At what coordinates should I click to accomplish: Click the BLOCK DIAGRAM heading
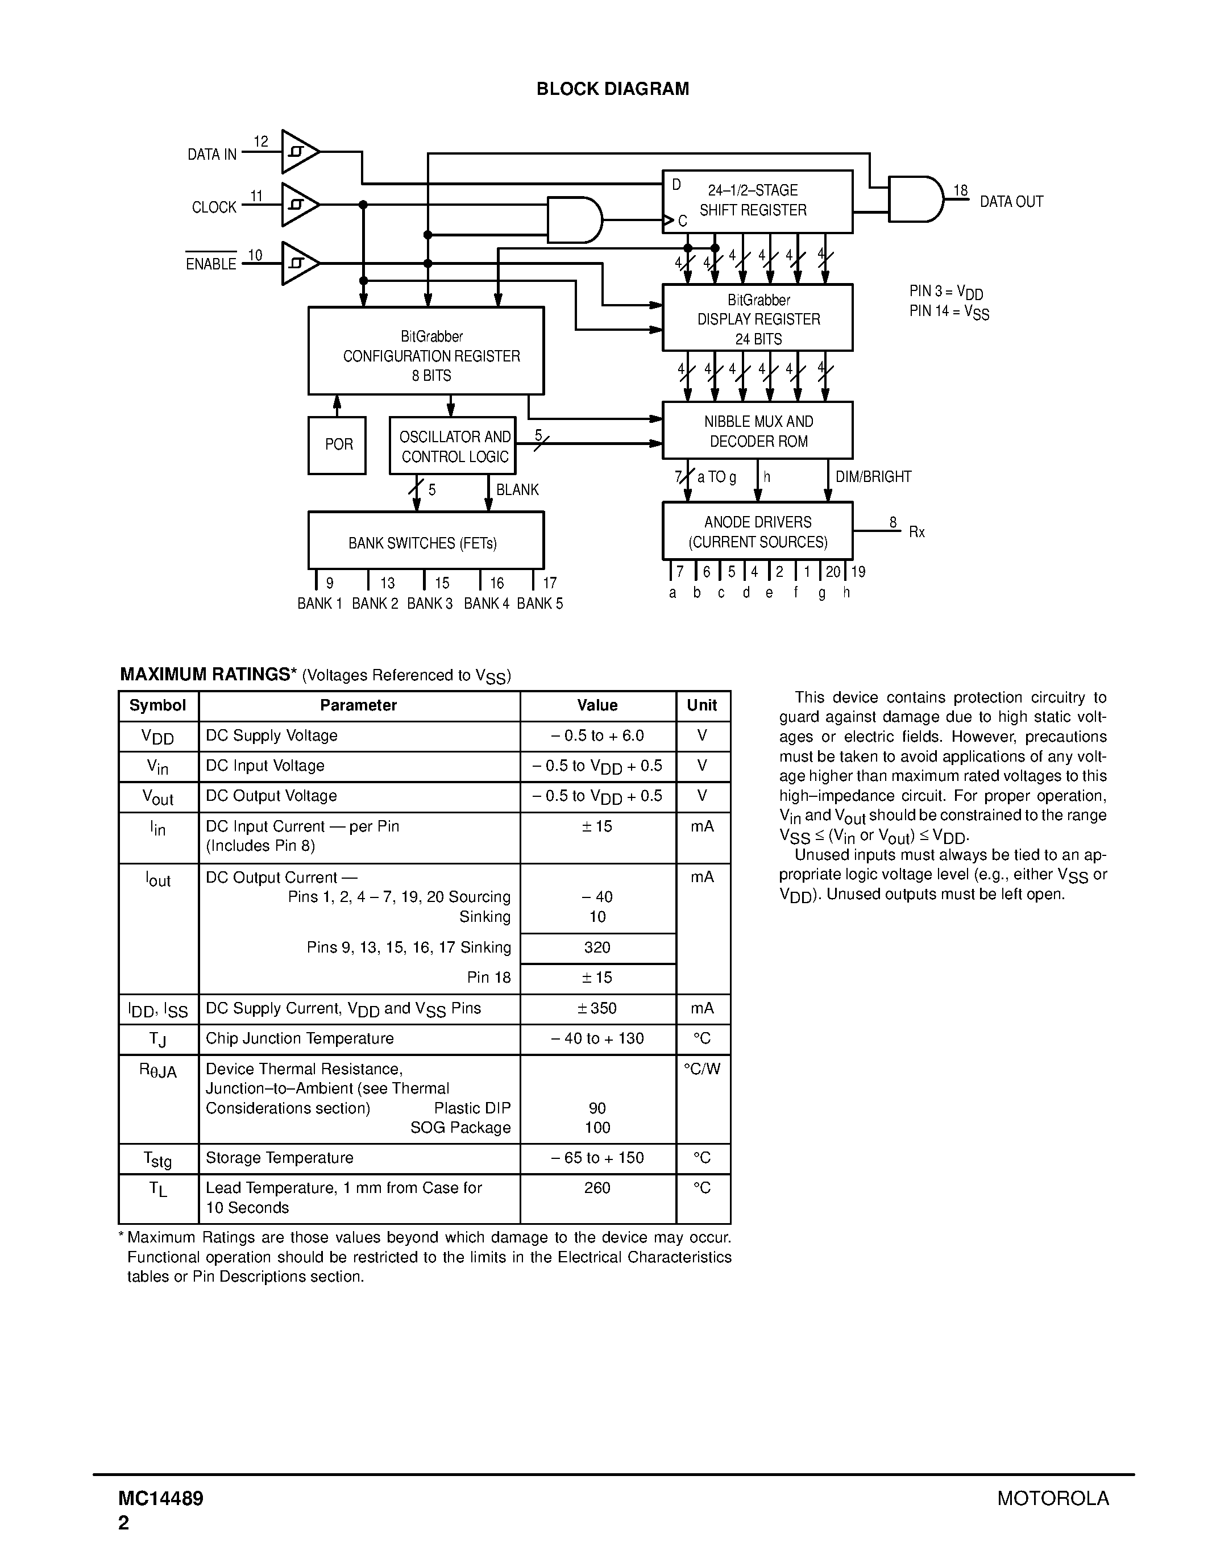click(x=613, y=89)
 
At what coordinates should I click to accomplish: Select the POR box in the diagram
click(x=337, y=445)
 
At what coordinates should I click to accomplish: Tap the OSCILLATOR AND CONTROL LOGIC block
click(x=453, y=446)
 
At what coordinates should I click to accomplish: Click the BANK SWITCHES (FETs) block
click(x=426, y=541)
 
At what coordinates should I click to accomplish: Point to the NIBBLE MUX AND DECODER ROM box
click(x=758, y=431)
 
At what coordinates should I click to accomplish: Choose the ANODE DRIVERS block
click(x=758, y=531)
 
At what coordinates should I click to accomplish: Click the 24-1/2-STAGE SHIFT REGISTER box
click(x=758, y=201)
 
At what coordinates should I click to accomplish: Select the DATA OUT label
click(x=1011, y=202)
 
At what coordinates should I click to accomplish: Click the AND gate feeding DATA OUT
click(x=915, y=199)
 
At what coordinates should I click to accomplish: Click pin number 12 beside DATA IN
click(x=260, y=142)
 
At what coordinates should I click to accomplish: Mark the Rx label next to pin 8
click(x=917, y=533)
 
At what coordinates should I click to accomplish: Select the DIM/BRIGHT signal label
click(x=873, y=477)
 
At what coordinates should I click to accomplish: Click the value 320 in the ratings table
click(x=597, y=948)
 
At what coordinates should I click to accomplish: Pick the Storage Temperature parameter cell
click(x=279, y=1158)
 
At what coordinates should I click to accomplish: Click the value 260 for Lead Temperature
click(x=597, y=1188)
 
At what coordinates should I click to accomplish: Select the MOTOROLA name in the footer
click(x=1053, y=1498)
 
